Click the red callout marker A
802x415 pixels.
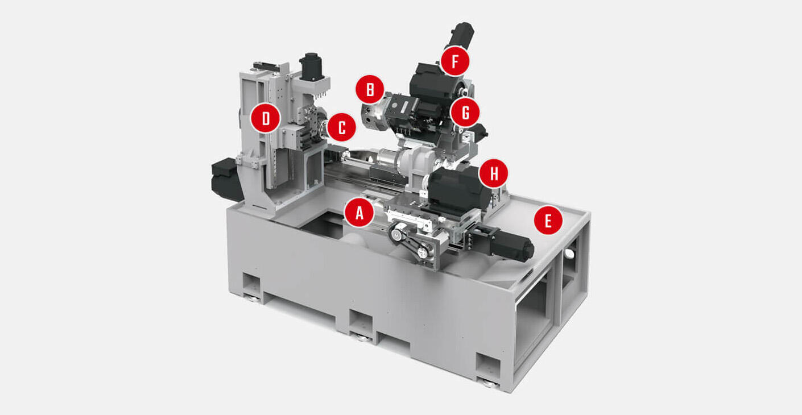[x=359, y=213]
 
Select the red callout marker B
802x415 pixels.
[x=370, y=90]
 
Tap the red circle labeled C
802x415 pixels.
[x=341, y=128]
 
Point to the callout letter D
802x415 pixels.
[x=266, y=118]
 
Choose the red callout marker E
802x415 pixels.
[x=548, y=221]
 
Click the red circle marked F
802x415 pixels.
[x=454, y=62]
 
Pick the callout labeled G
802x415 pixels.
[x=465, y=113]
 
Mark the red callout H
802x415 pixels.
[x=493, y=174]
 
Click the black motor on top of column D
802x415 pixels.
[x=311, y=67]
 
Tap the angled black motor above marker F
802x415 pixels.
[x=459, y=36]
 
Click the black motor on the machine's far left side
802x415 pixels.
[x=226, y=179]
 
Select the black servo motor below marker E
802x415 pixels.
[x=512, y=244]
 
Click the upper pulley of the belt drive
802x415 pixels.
[x=397, y=233]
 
